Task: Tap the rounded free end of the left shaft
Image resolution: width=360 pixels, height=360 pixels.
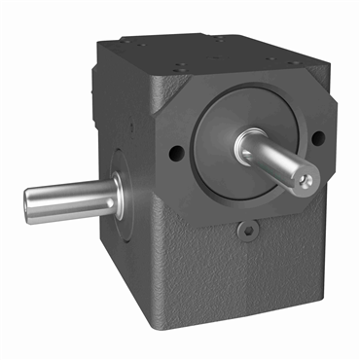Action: click(29, 204)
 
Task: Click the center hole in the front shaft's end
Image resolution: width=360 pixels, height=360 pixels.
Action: click(308, 180)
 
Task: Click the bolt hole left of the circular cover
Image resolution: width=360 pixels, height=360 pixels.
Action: click(174, 152)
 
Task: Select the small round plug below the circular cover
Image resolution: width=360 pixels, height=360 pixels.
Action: click(248, 232)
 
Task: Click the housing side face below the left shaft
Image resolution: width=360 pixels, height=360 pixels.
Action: click(126, 272)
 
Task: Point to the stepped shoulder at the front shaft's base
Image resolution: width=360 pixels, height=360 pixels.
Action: click(243, 145)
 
